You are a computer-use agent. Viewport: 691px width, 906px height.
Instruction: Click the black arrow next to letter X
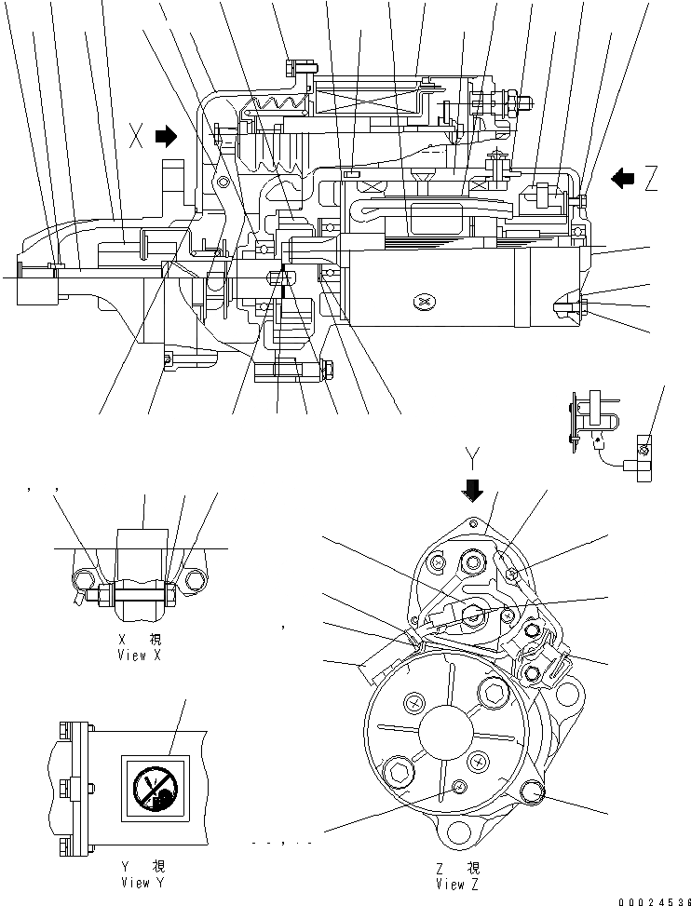(x=166, y=137)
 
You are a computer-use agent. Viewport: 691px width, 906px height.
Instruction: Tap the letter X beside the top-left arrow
(x=136, y=138)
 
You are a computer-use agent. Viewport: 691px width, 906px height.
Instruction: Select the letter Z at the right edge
(x=650, y=177)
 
